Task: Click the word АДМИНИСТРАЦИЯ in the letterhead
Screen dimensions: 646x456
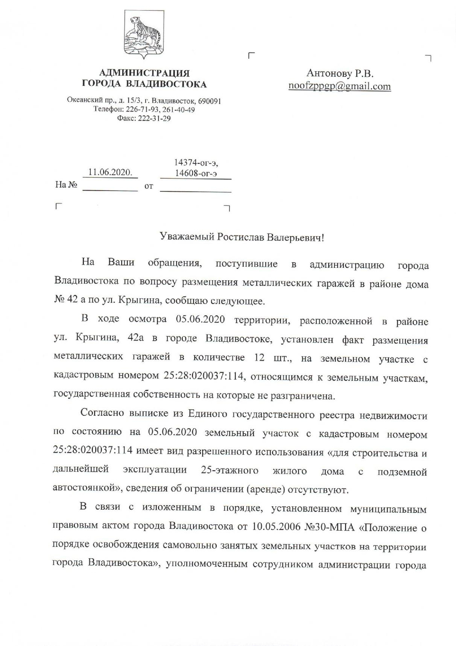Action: coord(145,73)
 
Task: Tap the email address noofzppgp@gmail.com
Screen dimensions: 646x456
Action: coord(339,86)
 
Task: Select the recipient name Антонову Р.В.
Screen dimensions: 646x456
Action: coord(340,73)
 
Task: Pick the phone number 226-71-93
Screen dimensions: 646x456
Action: coord(138,110)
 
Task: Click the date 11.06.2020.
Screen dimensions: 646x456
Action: coord(110,173)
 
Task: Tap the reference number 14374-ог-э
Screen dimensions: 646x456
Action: coord(196,163)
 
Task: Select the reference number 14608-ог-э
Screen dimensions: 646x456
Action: coord(196,173)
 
